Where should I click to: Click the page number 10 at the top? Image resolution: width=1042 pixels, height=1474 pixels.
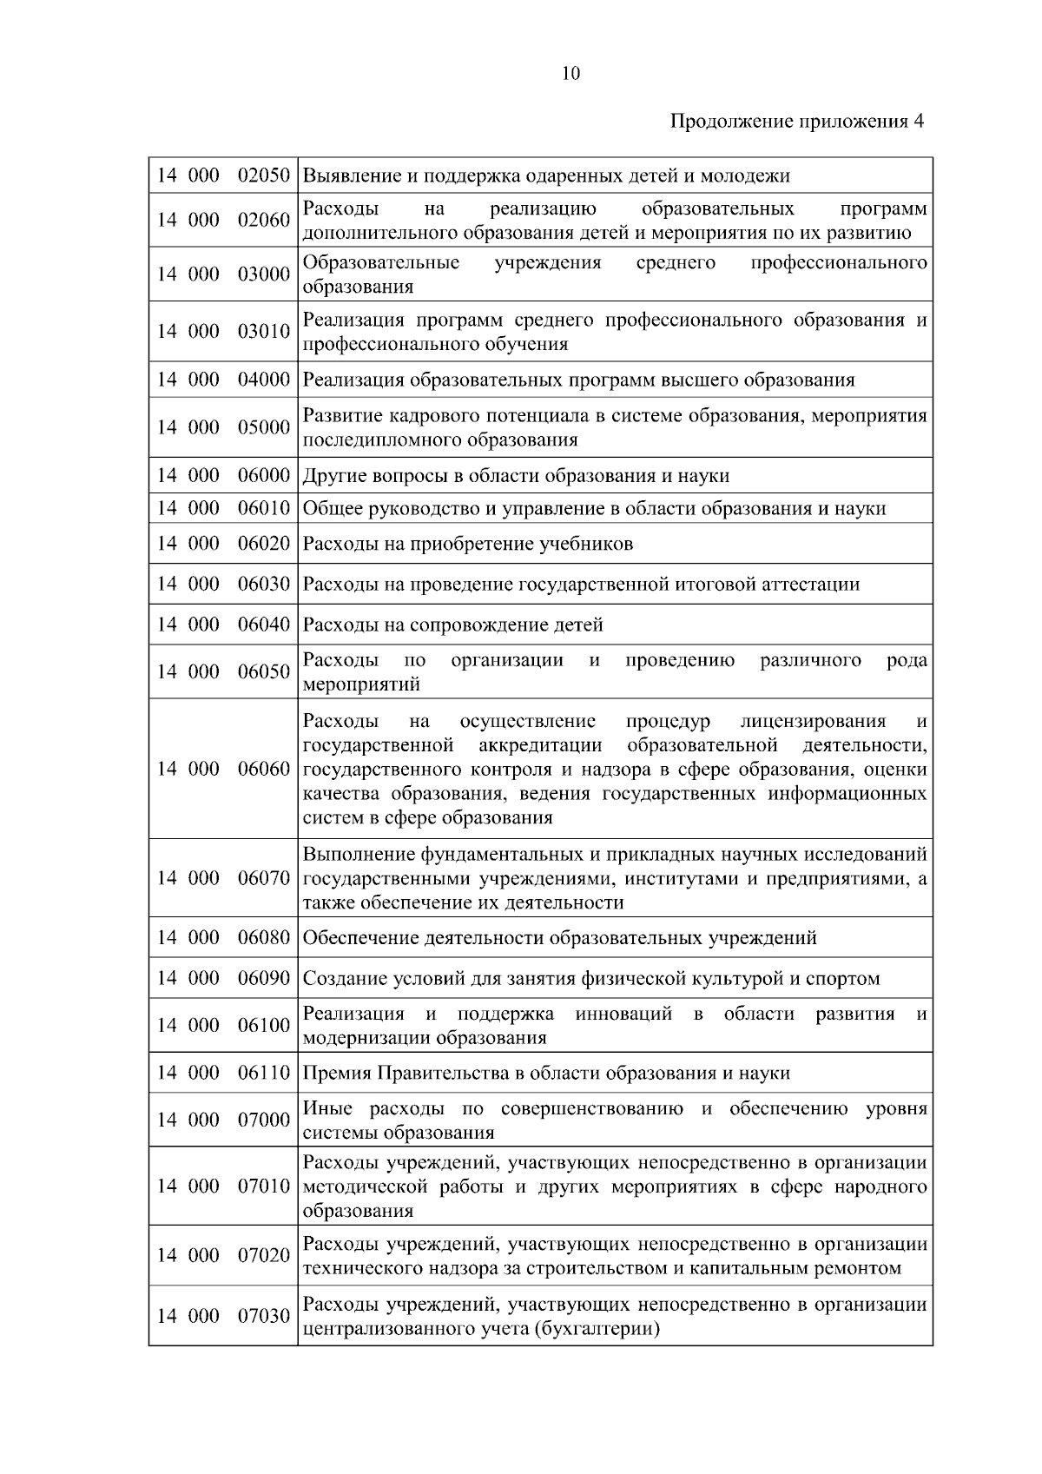570,74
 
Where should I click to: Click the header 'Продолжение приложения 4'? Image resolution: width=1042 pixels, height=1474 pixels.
796,121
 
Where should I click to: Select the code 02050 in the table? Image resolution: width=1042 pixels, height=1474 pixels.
264,175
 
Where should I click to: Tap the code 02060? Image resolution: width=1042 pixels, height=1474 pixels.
264,220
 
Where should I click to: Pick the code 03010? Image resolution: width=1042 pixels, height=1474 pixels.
264,332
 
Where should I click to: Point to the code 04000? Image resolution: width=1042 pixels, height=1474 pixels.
264,380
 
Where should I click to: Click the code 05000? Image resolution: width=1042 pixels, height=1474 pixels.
264,427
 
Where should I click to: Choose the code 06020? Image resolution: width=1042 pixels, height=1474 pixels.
264,544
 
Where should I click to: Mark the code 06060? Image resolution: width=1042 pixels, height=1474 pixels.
264,769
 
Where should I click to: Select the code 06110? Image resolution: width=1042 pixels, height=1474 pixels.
264,1073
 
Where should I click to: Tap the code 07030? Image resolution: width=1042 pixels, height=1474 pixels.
264,1316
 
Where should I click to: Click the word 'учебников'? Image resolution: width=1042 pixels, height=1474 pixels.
590,545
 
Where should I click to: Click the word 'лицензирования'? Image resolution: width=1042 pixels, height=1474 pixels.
814,722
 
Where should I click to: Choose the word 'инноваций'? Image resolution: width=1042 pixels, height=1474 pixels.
623,1015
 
